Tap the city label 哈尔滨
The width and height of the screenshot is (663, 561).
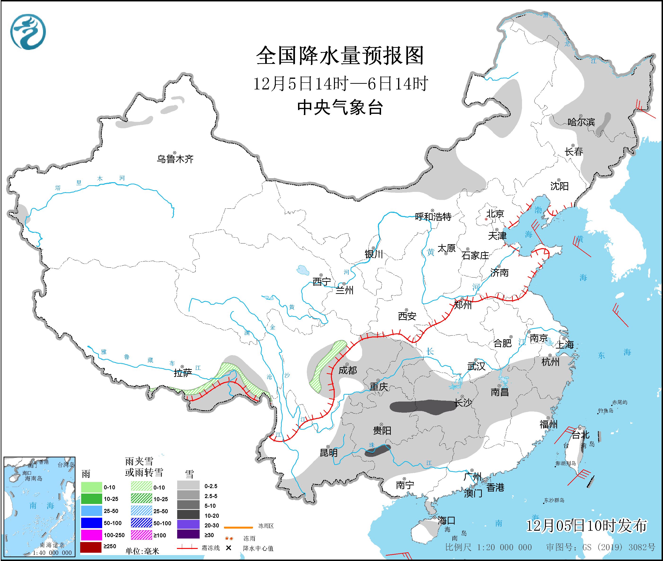coord(581,122)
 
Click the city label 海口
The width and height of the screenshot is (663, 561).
coord(446,521)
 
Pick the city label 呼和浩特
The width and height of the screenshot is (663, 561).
coord(433,217)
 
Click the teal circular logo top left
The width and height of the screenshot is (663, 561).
coord(28,32)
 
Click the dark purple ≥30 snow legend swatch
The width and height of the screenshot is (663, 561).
coord(188,535)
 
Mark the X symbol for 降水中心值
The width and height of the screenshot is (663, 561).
coord(228,548)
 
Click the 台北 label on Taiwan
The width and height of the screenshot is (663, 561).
coord(581,435)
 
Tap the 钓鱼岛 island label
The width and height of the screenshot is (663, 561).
coord(606,411)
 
